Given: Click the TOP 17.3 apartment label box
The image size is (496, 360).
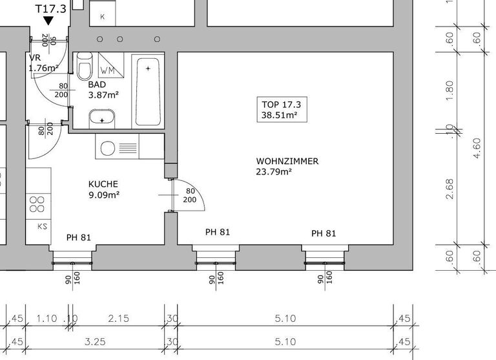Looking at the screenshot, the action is [x=282, y=110].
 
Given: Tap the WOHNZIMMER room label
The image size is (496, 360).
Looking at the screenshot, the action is [x=287, y=161].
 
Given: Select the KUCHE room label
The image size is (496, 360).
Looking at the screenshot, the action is [x=103, y=184].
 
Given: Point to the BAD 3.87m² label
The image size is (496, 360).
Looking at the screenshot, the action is [x=103, y=90].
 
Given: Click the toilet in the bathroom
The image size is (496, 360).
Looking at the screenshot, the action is [x=85, y=66].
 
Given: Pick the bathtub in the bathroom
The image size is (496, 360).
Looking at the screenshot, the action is [x=148, y=92].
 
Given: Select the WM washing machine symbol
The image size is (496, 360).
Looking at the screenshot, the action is [x=111, y=65].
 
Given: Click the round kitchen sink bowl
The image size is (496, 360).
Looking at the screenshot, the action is [x=108, y=148].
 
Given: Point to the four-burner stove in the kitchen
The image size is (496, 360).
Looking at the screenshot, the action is [x=37, y=204].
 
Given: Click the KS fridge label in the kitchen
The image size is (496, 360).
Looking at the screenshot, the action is [x=43, y=226].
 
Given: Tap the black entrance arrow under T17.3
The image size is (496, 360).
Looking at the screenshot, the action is [x=48, y=21].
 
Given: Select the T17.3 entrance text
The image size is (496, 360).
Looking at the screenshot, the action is [x=50, y=8].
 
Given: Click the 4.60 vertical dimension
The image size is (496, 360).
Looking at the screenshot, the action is [x=477, y=148].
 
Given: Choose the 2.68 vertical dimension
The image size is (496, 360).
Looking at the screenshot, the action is [x=449, y=189].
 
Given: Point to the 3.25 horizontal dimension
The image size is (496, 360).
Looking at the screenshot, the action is [x=95, y=342].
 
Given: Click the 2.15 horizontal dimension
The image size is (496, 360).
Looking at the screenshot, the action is [x=118, y=318].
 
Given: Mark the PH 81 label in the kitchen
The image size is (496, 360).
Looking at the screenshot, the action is [x=78, y=237].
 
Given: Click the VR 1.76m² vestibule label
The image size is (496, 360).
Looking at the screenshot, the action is [x=43, y=63].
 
